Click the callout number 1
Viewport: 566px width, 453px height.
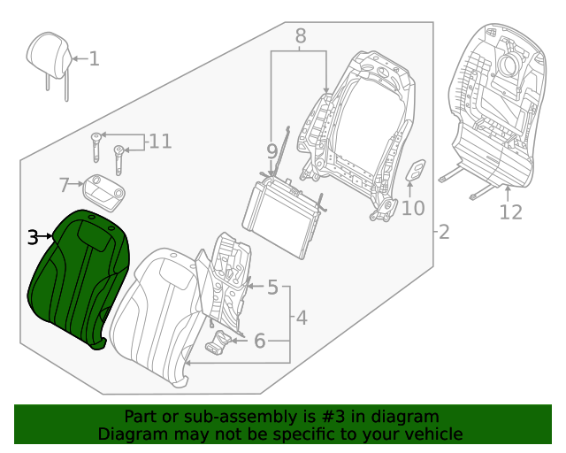tap(94, 59)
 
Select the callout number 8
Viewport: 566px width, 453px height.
tap(300, 36)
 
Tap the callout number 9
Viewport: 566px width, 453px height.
tap(272, 150)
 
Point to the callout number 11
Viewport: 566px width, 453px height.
tap(159, 141)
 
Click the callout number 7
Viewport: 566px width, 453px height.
tap(64, 185)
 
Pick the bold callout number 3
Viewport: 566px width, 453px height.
tap(32, 237)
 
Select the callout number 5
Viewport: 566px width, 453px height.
tap(272, 288)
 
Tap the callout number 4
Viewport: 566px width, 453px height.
tap(301, 317)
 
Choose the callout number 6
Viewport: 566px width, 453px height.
tap(259, 341)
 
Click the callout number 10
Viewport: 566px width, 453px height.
tap(413, 209)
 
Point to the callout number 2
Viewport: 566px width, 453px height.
tap(444, 233)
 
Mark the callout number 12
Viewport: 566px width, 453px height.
tap(510, 212)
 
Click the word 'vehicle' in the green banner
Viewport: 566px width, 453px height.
tap(431, 434)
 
